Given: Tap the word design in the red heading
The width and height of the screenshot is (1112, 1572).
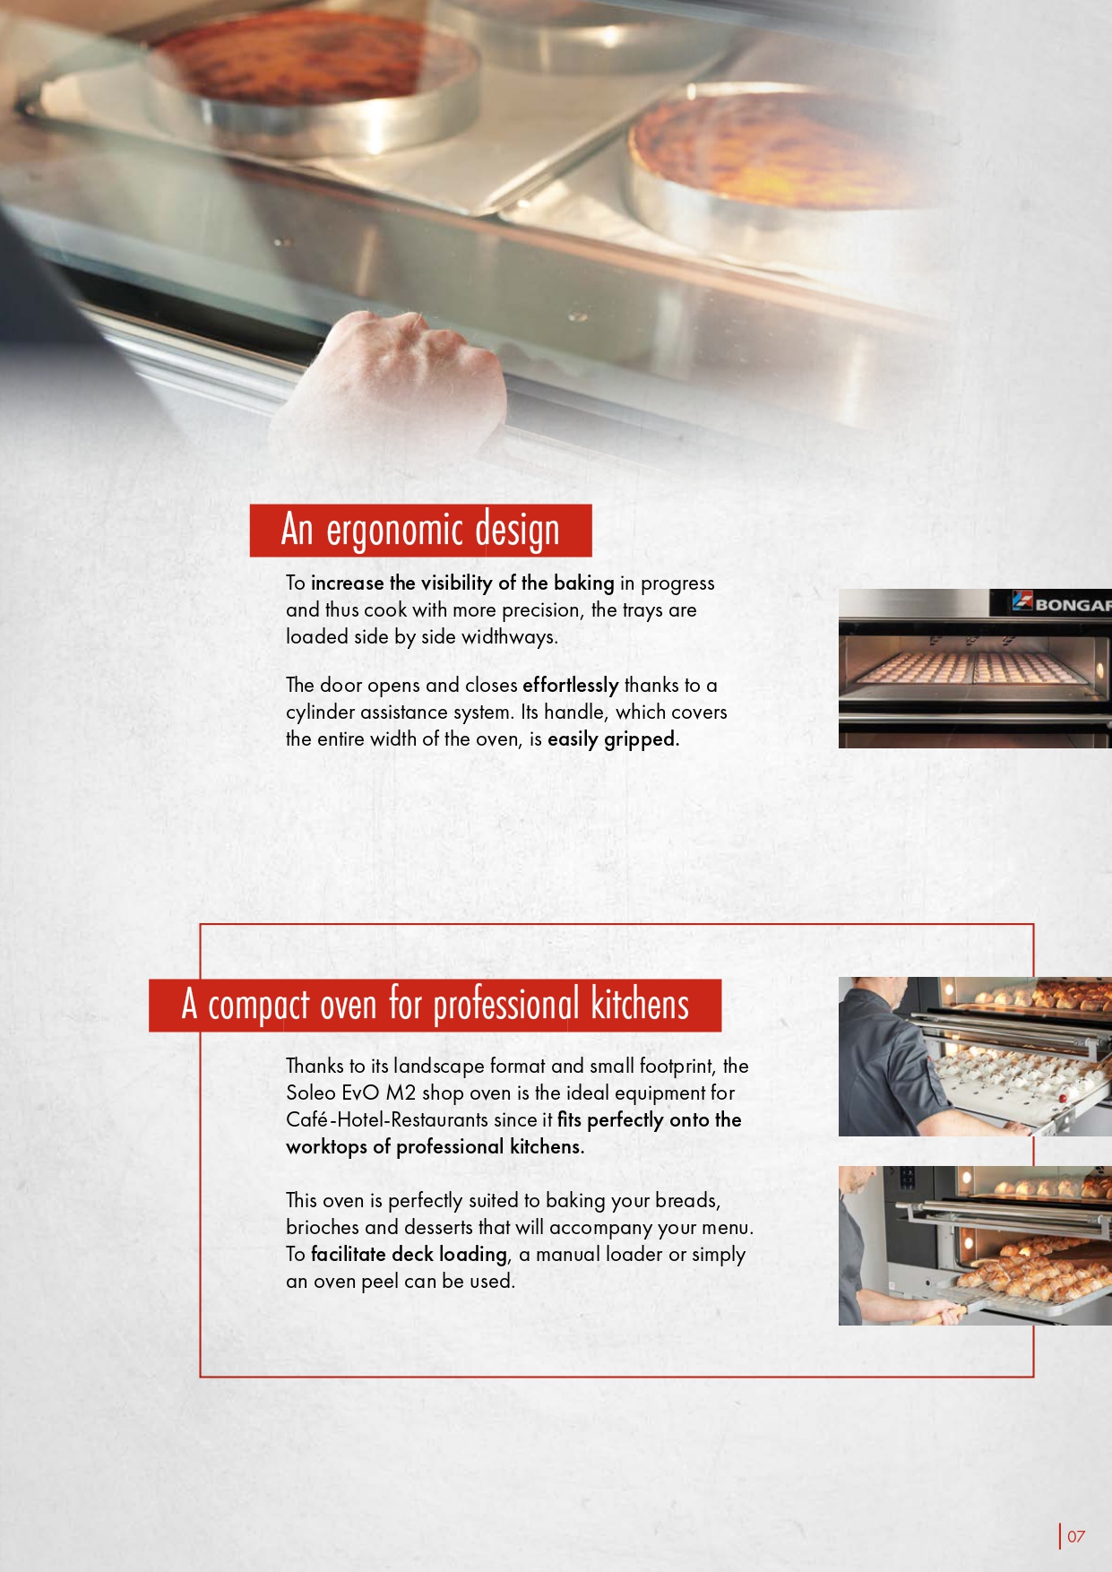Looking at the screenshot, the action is pyautogui.click(x=517, y=530).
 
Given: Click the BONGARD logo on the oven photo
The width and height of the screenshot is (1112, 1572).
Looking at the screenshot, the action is pyautogui.click(x=1062, y=603).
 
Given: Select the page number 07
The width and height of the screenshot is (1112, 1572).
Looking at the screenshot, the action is pyautogui.click(x=1076, y=1536).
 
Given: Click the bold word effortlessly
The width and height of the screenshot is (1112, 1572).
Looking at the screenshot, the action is pyautogui.click(x=571, y=685).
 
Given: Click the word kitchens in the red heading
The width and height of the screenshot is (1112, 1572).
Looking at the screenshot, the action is pyautogui.click(x=640, y=1005).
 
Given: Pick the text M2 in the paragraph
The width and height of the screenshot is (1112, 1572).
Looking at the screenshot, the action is pyautogui.click(x=401, y=1093).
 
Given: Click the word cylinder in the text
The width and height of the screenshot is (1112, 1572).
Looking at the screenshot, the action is pyautogui.click(x=320, y=713).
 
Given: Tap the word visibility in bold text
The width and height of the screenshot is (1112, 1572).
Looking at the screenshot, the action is pyautogui.click(x=457, y=583).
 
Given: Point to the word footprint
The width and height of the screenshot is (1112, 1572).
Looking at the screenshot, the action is pyautogui.click(x=677, y=1067).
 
